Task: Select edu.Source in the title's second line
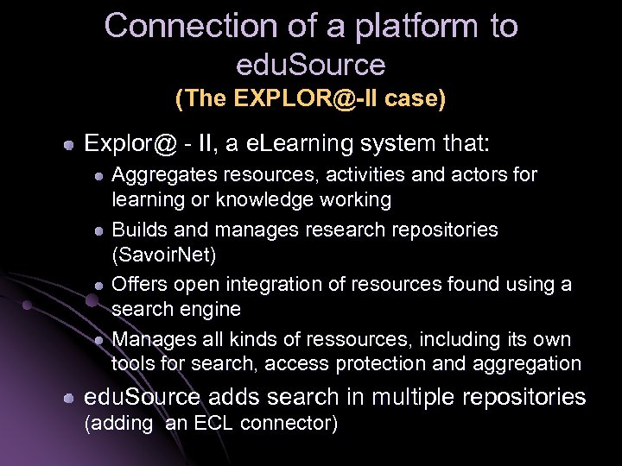[x=311, y=65]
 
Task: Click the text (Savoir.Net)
[x=163, y=255]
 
